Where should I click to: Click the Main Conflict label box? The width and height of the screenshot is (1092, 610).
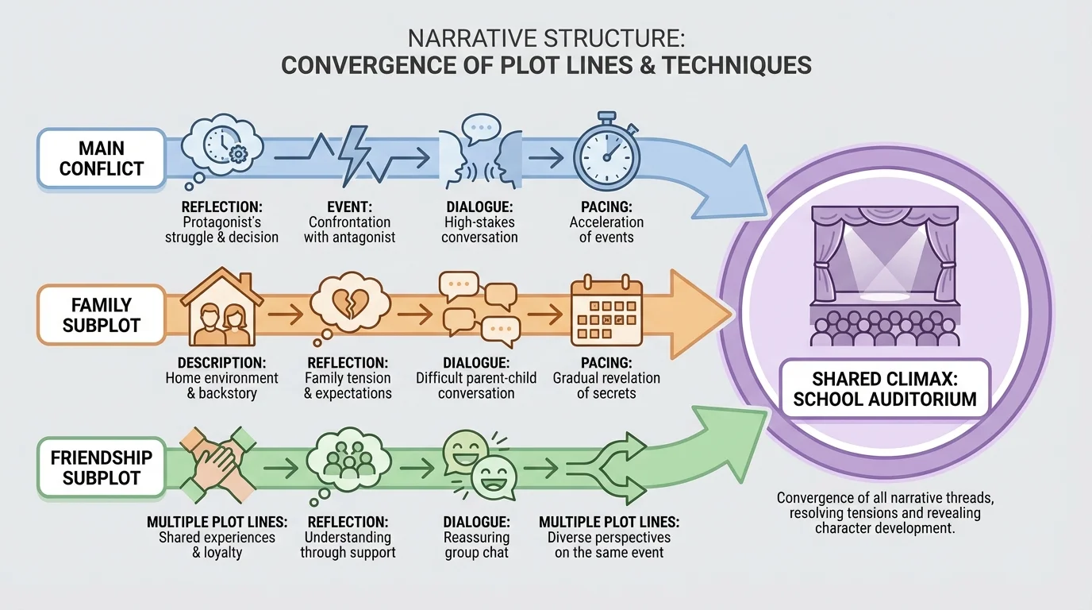pos(101,158)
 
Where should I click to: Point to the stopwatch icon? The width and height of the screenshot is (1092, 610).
pos(606,149)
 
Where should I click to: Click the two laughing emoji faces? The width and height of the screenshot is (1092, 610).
pos(477,465)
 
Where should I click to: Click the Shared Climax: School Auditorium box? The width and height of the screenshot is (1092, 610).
pos(885,388)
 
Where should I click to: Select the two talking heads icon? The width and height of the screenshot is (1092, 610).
pos(480,152)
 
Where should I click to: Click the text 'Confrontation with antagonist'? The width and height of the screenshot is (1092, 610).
pos(349,230)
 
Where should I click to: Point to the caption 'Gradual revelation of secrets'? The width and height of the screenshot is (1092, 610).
pos(606,385)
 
